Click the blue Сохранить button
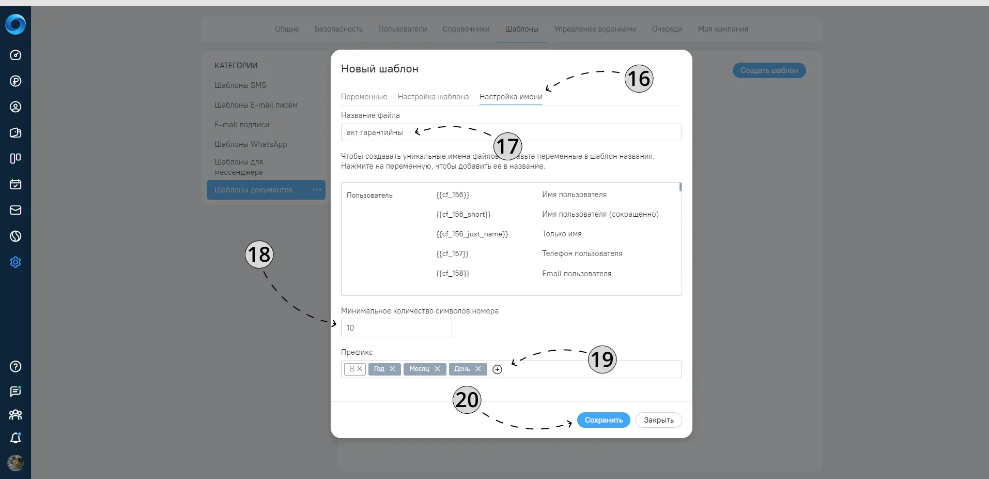(604, 420)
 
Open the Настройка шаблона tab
(433, 97)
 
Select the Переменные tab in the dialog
(364, 97)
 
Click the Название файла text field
(511, 132)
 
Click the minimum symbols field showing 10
(396, 328)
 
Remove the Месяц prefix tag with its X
(437, 369)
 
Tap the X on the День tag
(478, 369)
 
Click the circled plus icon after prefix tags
(497, 369)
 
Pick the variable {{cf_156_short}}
(463, 214)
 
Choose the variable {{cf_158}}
(452, 273)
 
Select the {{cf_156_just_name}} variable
(472, 234)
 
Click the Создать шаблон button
(769, 70)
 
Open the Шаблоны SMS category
(240, 85)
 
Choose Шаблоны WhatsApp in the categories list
(251, 144)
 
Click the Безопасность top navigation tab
(338, 29)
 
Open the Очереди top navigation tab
(667, 29)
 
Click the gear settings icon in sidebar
(16, 262)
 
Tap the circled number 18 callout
(259, 255)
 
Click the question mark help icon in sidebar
(16, 366)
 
